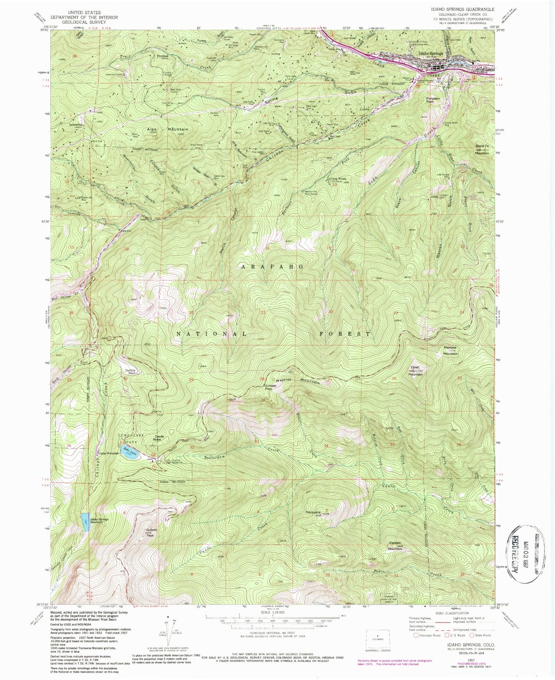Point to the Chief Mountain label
pos(415,371)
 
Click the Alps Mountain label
pos(168,129)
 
